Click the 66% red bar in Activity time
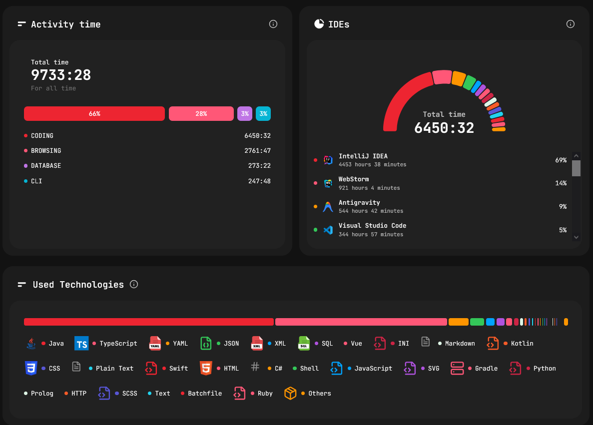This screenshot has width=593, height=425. click(x=94, y=114)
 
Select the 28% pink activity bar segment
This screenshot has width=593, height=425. click(x=201, y=114)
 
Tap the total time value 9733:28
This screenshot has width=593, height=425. click(x=61, y=75)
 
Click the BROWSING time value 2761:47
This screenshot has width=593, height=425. click(x=257, y=151)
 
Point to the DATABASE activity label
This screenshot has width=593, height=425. click(x=46, y=166)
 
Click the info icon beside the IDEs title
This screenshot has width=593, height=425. click(x=570, y=24)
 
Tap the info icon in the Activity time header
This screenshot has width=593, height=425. click(x=273, y=24)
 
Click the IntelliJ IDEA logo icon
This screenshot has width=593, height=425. click(x=328, y=160)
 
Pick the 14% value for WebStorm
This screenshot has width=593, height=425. click(x=561, y=183)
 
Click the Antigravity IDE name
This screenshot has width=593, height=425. click(x=359, y=203)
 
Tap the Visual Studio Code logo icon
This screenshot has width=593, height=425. click(x=328, y=230)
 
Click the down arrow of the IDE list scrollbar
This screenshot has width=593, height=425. click(x=576, y=238)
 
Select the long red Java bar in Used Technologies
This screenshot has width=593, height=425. click(x=149, y=322)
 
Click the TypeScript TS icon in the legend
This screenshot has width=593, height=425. click(x=81, y=344)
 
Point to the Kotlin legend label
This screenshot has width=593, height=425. click(x=522, y=344)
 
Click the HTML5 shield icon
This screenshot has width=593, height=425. click(x=205, y=368)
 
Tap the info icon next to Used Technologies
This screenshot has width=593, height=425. click(x=134, y=284)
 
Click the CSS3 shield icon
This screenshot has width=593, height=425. click(x=31, y=368)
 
